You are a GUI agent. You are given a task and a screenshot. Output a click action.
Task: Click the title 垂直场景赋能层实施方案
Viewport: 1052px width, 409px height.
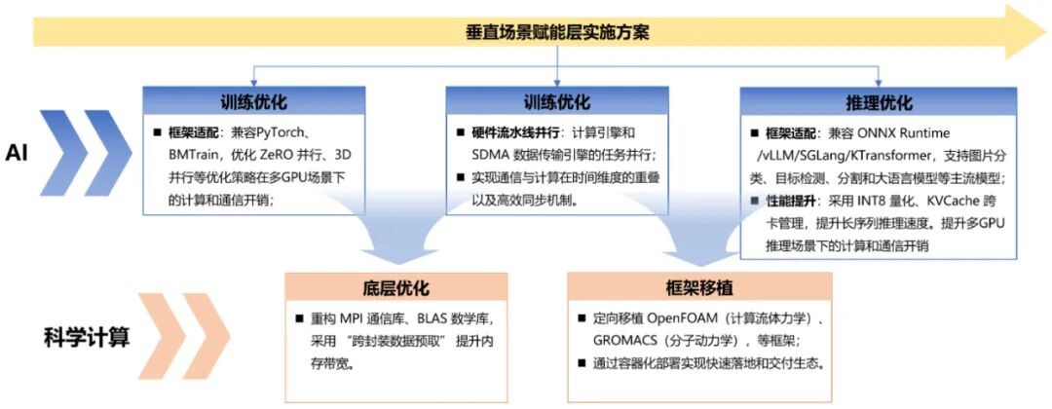coord(556,31)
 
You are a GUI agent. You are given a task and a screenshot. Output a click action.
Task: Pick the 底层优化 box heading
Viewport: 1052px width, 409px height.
coord(395,288)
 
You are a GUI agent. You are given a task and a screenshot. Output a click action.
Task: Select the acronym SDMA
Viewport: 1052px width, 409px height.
coord(477,154)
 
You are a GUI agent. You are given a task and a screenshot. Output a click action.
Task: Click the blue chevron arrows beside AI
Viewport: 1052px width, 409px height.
coord(82,153)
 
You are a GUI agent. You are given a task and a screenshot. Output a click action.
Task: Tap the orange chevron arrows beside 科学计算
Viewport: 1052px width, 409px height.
coord(175,331)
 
